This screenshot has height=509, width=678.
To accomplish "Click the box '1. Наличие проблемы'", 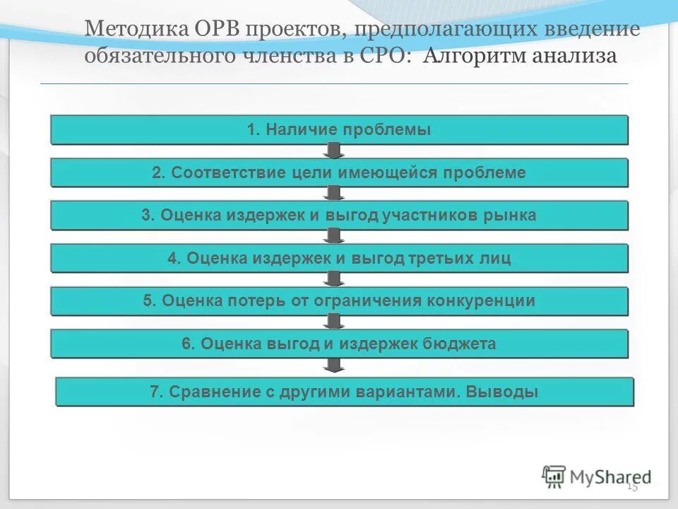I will click(339, 130).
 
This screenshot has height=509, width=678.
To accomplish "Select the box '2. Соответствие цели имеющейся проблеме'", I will click(339, 172).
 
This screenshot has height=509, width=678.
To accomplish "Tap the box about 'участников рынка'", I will click(339, 216).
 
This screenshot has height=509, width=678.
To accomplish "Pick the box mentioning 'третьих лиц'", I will click(339, 258).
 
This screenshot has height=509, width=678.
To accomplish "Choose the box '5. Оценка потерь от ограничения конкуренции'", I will click(339, 301).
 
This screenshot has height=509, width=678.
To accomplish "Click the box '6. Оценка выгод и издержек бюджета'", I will click(339, 344).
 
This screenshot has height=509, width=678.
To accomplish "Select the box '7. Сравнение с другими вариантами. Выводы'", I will click(344, 392).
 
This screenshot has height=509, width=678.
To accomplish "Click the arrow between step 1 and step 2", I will click(335, 151).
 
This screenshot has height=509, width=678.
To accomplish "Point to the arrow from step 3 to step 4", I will click(335, 236).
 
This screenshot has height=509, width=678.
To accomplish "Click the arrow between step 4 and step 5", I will click(335, 279).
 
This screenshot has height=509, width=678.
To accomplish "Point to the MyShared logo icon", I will click(554, 476).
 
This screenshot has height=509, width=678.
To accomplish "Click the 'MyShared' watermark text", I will click(611, 477).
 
